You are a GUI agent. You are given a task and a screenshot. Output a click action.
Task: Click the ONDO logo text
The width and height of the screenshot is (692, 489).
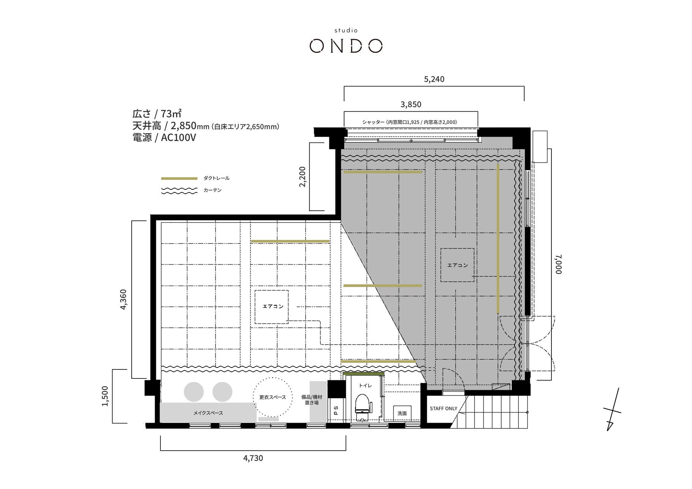(x=346, y=46)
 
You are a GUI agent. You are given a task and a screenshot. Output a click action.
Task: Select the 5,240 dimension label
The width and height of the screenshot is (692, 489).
(x=434, y=79)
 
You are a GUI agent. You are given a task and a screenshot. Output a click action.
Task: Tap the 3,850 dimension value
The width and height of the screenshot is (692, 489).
(x=411, y=104)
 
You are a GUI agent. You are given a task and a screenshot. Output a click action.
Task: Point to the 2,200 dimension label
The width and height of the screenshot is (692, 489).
(x=303, y=177)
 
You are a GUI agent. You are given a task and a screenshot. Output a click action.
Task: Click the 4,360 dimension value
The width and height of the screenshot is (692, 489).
(x=123, y=299)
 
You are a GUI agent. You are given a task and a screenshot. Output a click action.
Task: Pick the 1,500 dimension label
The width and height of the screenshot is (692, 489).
(x=105, y=396)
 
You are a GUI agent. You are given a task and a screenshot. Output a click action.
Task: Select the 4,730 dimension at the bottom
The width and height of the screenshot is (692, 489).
(x=253, y=458)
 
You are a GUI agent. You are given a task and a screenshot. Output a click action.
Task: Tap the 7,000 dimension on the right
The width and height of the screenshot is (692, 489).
(x=558, y=264)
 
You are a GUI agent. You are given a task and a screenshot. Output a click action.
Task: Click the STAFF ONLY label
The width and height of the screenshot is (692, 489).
(x=443, y=409)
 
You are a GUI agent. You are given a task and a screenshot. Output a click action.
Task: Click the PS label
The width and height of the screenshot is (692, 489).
(x=336, y=411)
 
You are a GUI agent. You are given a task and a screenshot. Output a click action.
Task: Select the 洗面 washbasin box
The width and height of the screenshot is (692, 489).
(x=402, y=413)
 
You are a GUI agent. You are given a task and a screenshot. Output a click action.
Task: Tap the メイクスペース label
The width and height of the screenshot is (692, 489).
(x=208, y=413)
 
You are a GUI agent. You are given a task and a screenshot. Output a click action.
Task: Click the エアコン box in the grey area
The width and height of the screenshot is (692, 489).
(x=457, y=265)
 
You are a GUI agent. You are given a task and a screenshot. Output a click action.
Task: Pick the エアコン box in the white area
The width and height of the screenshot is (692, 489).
(x=272, y=307)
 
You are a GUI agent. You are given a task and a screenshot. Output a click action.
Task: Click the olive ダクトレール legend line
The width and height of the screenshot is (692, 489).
(x=179, y=179)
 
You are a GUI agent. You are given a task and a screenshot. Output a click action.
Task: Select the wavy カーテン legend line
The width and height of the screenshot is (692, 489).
(x=179, y=191)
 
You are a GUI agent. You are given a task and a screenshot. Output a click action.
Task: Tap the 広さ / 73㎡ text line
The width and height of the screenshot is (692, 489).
(x=157, y=114)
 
